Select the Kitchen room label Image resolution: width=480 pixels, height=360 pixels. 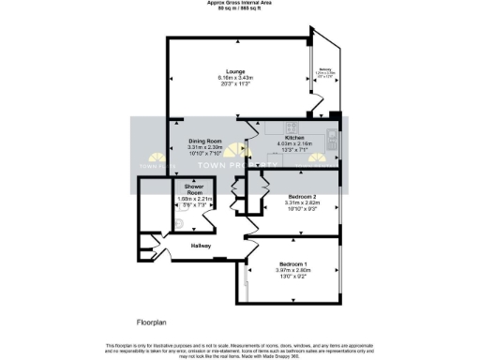pos(295,137)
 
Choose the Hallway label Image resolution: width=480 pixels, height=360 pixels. pos(201,246)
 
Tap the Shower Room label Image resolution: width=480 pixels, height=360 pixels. pos(193,190)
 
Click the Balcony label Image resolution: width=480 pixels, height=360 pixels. pos(325,69)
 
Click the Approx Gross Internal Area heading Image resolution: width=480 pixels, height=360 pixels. pos(240,3)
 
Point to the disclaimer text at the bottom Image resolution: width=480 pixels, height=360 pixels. pos(240,348)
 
